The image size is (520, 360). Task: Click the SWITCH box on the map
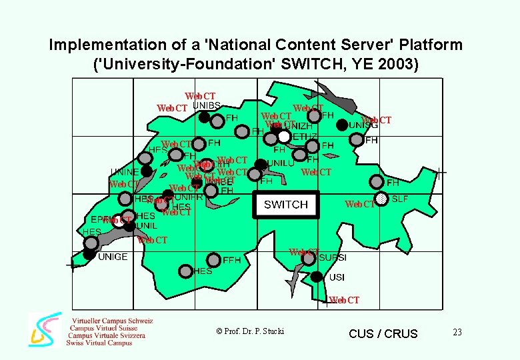286,205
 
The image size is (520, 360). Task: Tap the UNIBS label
207,105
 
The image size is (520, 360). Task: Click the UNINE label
125,172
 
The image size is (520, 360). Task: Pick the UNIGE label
113,257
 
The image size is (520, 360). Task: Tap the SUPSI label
333,257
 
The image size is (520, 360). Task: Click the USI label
337,277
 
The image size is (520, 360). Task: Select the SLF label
400,199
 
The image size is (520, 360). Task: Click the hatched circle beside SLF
381,198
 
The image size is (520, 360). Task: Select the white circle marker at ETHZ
284,136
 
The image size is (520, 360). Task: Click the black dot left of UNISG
342,125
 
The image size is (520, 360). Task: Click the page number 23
457,331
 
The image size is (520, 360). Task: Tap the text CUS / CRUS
383,333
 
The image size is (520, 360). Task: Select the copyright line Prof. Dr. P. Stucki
251,331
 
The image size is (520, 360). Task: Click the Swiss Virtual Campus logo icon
44,330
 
